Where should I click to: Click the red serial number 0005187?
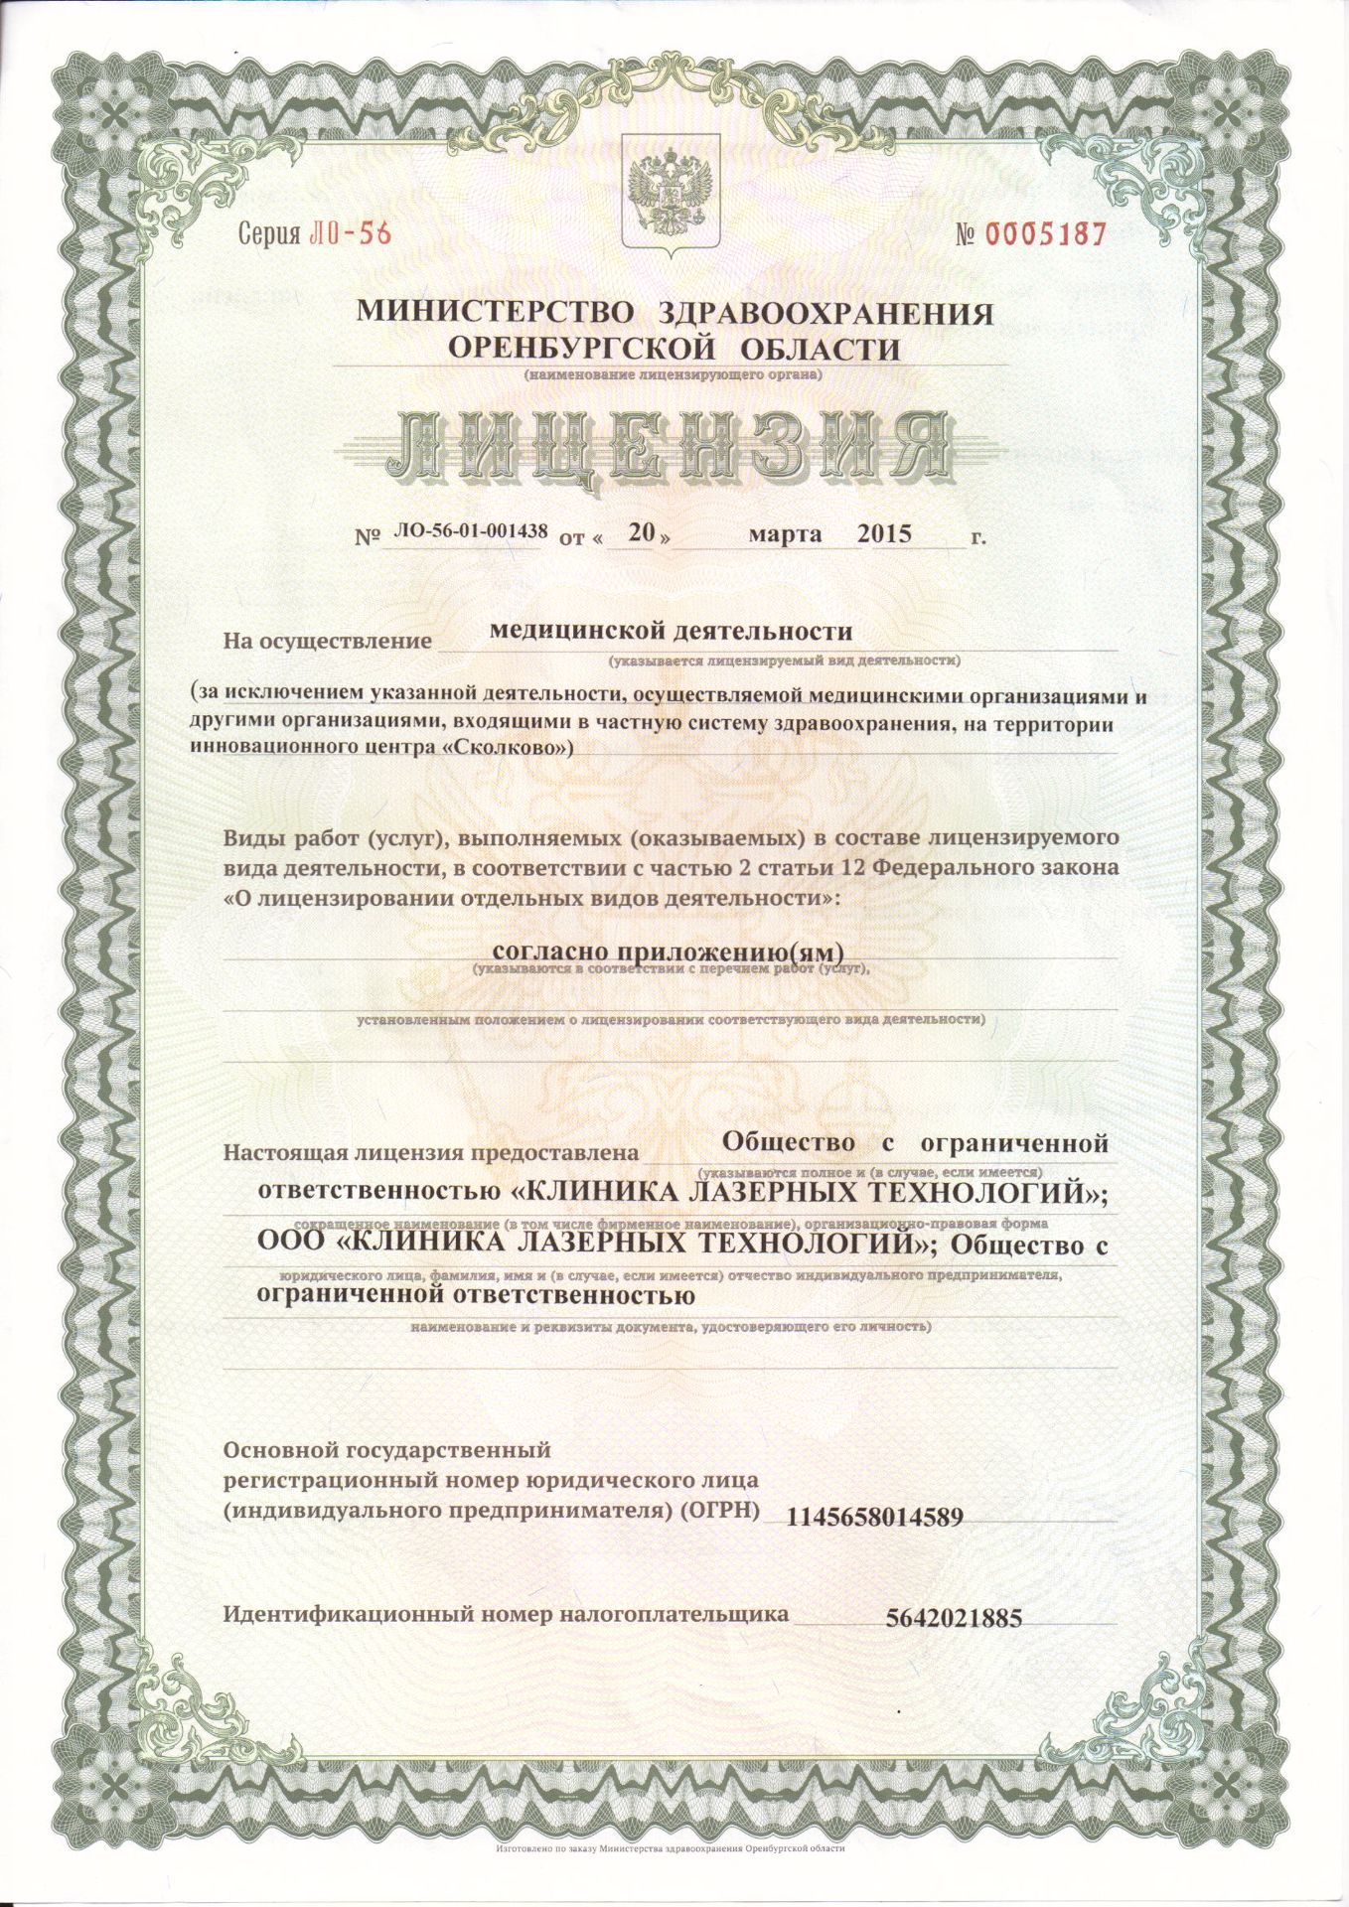[1044, 234]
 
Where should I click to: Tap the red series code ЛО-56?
[351, 233]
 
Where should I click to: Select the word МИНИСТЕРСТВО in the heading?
[494, 313]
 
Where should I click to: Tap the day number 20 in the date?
[642, 532]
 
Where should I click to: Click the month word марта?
[785, 534]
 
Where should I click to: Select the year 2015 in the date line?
[884, 533]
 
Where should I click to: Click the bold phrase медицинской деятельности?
[673, 631]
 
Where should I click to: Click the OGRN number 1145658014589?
[874, 1518]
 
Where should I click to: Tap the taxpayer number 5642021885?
[953, 1618]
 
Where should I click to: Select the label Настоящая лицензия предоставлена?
[429, 1153]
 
